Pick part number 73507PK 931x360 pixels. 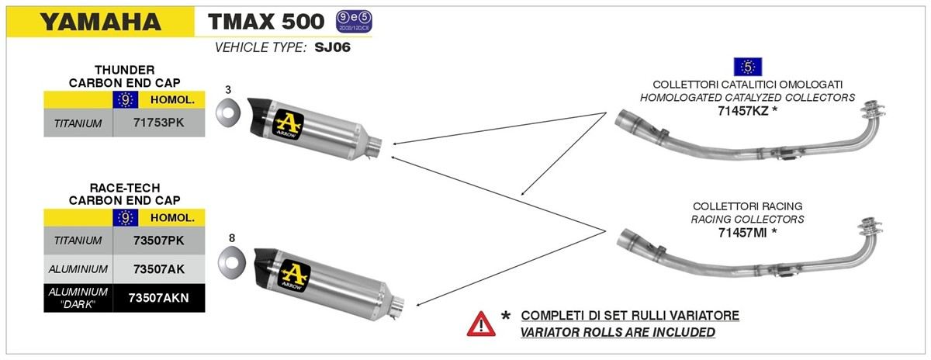[x=159, y=241]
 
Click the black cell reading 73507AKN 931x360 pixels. [x=159, y=297]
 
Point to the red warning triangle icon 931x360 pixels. [x=480, y=323]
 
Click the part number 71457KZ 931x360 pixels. [x=743, y=110]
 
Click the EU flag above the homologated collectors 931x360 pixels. [x=747, y=67]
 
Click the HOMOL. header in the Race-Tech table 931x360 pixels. [x=171, y=218]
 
